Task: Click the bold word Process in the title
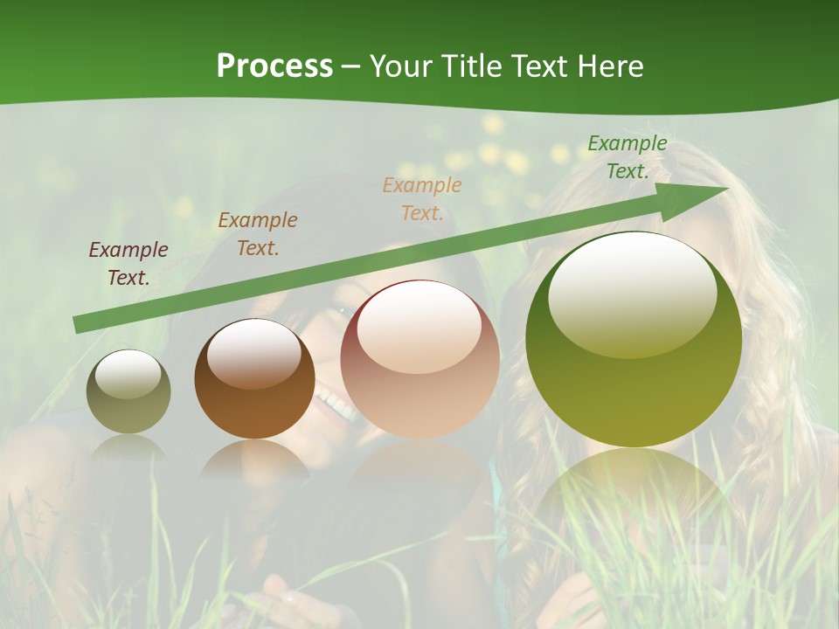click(x=274, y=66)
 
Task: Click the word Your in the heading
click(x=402, y=66)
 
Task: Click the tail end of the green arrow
click(x=79, y=325)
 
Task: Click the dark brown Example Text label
click(x=128, y=264)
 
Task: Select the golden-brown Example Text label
click(x=258, y=234)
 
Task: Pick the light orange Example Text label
click(x=422, y=199)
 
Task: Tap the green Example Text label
click(x=627, y=157)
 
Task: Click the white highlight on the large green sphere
click(x=632, y=293)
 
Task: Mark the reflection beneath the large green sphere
click(x=634, y=489)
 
